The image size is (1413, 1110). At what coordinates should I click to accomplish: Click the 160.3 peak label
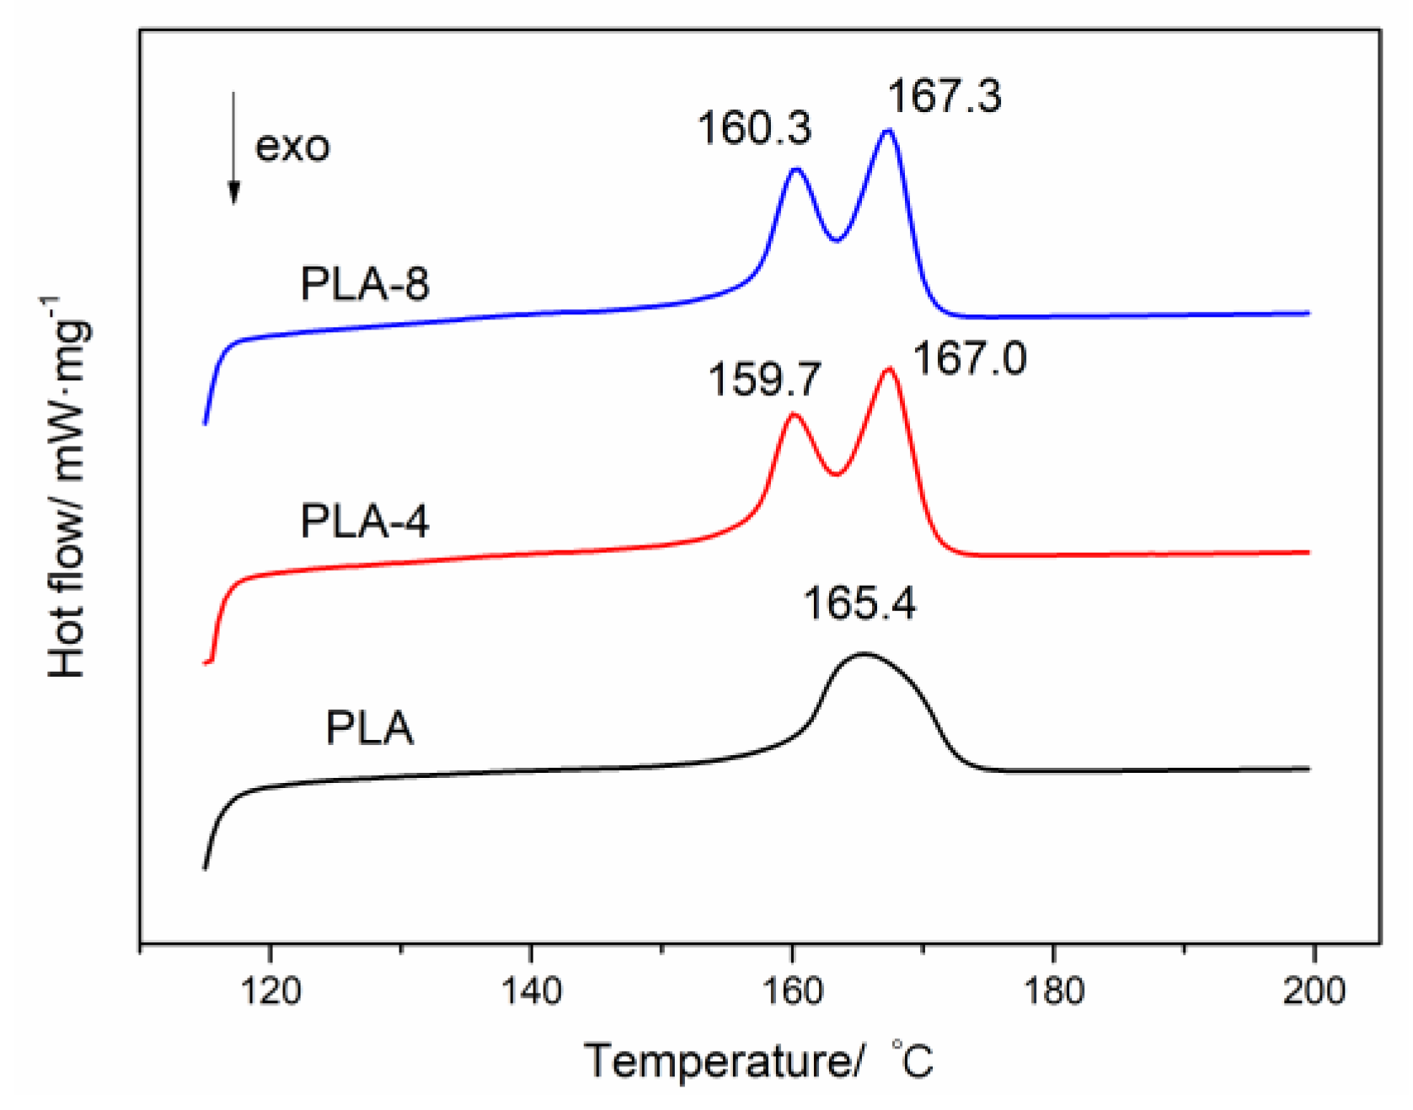(x=754, y=129)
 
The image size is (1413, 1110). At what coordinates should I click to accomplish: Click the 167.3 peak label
(x=945, y=96)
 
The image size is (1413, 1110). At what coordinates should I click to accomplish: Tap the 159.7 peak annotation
(x=764, y=379)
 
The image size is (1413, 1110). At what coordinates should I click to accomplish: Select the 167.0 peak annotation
(x=970, y=359)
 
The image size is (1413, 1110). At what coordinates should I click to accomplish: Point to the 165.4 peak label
(x=859, y=603)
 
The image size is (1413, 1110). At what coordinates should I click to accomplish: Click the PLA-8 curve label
(x=365, y=284)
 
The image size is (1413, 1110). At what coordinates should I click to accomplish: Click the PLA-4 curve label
(x=365, y=521)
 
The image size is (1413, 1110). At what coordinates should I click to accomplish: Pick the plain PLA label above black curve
(x=370, y=728)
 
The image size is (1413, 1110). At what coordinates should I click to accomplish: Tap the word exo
(x=292, y=147)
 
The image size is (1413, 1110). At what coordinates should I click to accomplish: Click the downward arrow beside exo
(x=234, y=147)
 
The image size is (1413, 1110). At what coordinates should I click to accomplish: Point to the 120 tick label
(x=270, y=991)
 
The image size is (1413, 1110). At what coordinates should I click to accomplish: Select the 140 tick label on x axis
(x=531, y=991)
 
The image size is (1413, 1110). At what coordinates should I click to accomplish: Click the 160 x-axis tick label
(x=792, y=991)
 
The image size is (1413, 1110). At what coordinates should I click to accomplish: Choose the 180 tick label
(x=1053, y=991)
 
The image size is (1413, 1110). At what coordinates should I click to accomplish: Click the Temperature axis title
(x=758, y=1060)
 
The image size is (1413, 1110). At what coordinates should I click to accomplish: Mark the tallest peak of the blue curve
(x=888, y=131)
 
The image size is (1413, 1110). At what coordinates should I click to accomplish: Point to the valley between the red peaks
(x=836, y=475)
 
